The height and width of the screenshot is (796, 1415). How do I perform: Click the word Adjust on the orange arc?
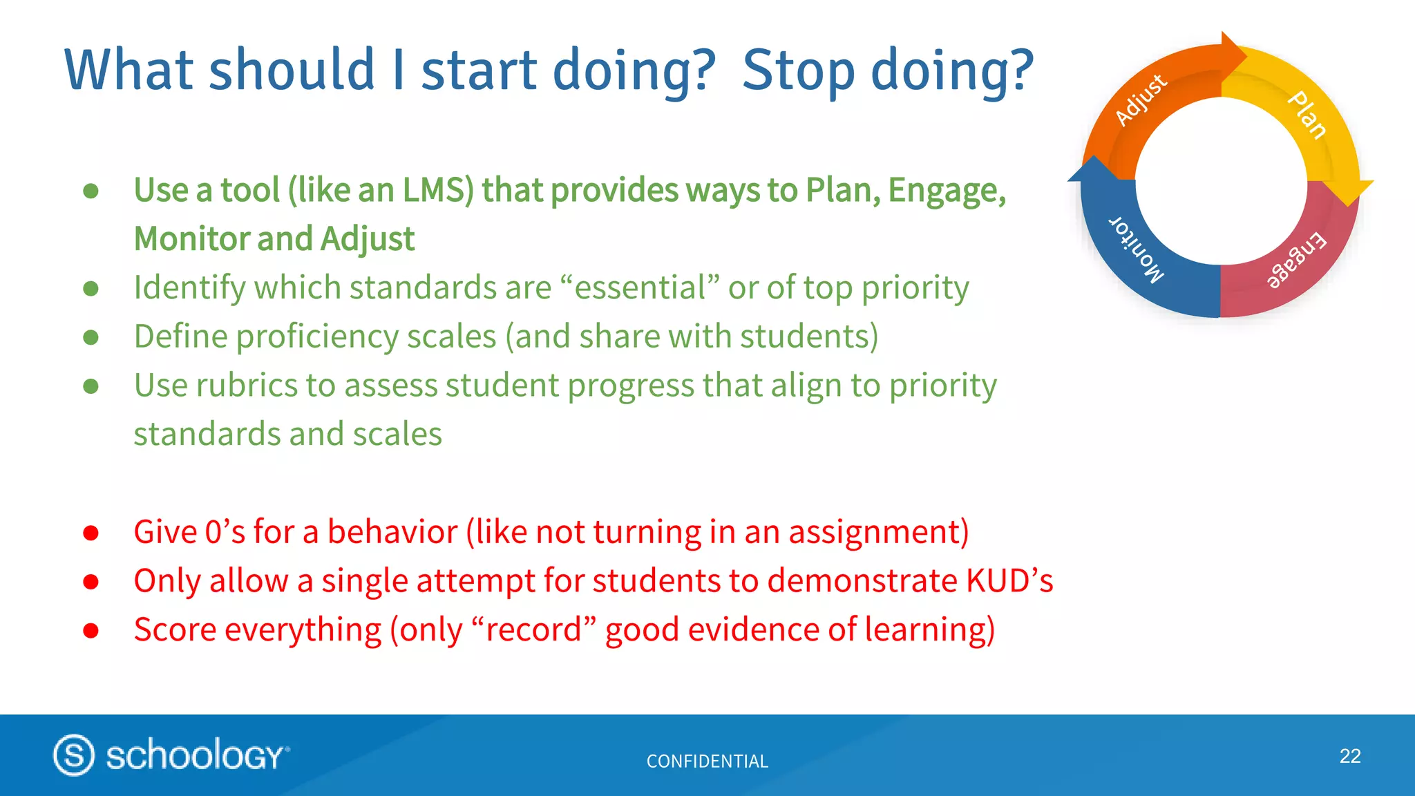coord(1141,99)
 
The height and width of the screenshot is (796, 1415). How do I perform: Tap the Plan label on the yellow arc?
coord(1307,115)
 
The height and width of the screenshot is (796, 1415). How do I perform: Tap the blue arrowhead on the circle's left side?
coord(1094,170)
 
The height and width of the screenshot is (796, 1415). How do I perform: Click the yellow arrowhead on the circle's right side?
coord(1351,191)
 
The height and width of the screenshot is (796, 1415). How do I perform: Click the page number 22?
coord(1349,756)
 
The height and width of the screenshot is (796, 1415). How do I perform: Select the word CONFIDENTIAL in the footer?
coord(707,761)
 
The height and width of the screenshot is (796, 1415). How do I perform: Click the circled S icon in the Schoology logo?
coord(74,755)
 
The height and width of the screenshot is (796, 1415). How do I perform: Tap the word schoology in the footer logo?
coord(195,755)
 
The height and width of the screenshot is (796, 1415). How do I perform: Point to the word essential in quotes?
coord(639,288)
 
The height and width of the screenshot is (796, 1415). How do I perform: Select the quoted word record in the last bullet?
coord(533,630)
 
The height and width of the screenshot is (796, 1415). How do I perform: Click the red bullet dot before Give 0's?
coord(91,533)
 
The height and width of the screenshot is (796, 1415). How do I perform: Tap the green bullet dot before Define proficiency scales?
coord(91,337)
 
